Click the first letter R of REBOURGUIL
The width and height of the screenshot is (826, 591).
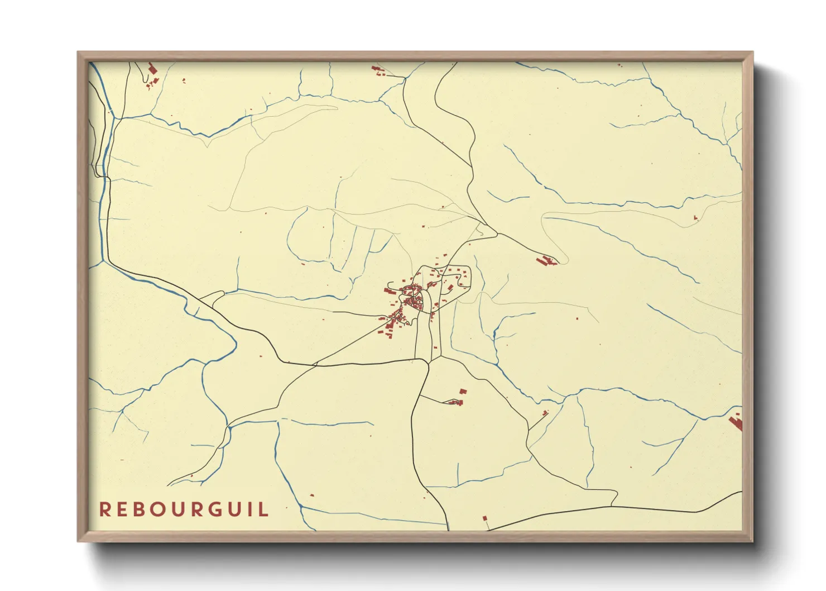tap(104, 509)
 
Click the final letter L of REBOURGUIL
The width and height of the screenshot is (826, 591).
tap(263, 509)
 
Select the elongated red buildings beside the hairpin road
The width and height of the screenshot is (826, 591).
tap(546, 260)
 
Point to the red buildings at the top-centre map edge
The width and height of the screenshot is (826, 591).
tap(379, 70)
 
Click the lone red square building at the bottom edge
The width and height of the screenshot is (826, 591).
tap(484, 518)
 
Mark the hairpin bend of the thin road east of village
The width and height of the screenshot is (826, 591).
tap(565, 259)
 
